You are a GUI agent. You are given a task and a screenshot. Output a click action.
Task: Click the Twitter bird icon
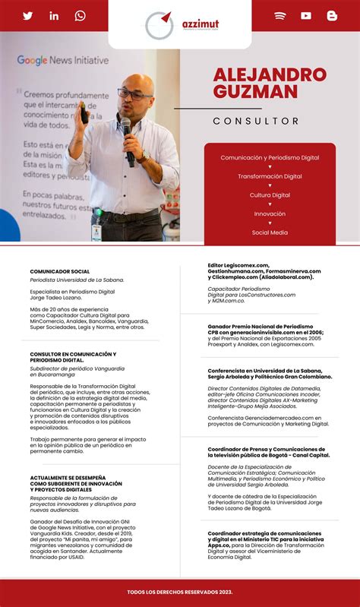click(x=28, y=16)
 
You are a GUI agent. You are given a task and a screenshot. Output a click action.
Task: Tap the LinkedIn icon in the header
click(x=54, y=16)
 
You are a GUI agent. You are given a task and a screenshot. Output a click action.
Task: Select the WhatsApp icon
click(x=80, y=16)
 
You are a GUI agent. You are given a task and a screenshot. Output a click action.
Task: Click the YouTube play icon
click(x=306, y=16)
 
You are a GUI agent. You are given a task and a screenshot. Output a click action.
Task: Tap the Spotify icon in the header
click(x=280, y=16)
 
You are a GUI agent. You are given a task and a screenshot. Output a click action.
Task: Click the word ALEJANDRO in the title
click(x=270, y=74)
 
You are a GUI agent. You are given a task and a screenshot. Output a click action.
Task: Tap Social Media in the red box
click(x=270, y=232)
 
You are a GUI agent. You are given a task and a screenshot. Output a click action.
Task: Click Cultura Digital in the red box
click(x=270, y=195)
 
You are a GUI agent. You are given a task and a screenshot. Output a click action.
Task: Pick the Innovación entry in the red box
click(x=270, y=214)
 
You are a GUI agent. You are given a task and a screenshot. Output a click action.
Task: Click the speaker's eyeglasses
click(x=131, y=93)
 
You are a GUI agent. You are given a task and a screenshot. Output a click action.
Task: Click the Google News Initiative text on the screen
click(x=63, y=60)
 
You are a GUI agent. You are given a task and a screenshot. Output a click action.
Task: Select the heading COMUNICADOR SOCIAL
click(x=60, y=271)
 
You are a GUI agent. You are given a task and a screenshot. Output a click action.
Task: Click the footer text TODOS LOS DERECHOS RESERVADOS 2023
click(x=180, y=591)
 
